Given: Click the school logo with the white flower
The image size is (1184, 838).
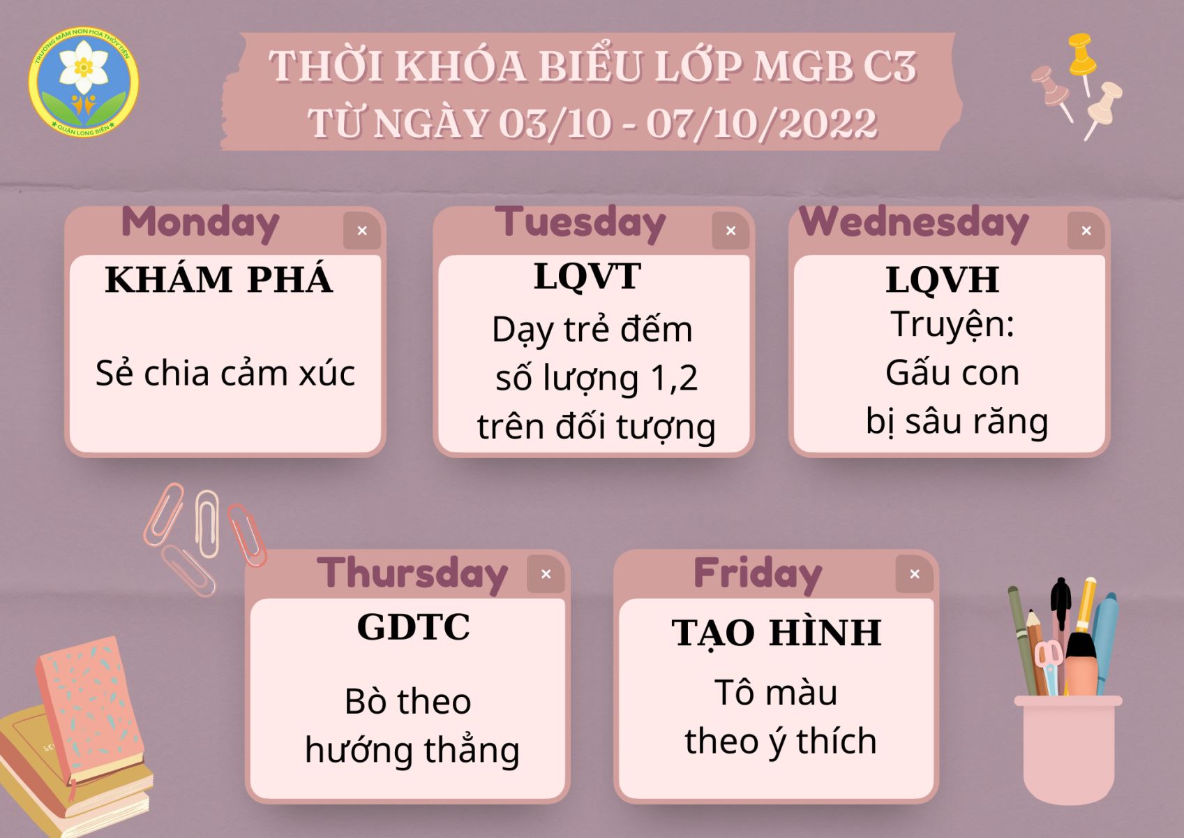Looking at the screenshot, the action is [x=84, y=82].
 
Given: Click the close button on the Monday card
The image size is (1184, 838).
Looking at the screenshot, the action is [x=362, y=230].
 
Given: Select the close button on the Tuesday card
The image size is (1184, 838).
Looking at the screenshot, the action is [x=731, y=230].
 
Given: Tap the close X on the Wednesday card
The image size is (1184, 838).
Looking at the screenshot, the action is [x=1086, y=230].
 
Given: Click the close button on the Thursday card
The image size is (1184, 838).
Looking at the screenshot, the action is [x=546, y=574].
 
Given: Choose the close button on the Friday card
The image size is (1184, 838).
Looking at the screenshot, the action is [x=915, y=574].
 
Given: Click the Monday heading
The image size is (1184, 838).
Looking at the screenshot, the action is [x=200, y=223].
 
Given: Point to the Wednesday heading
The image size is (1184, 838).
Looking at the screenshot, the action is [x=914, y=223].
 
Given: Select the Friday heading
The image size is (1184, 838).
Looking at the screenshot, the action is [x=758, y=574].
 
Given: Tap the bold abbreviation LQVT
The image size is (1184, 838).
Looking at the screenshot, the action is [x=587, y=276].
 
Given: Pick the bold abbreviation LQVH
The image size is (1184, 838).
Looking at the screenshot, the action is [x=943, y=279].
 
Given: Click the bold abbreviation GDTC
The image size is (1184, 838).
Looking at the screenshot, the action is [x=413, y=627].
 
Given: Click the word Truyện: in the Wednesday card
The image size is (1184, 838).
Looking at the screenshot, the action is [x=952, y=325].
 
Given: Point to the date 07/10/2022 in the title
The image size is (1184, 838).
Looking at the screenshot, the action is [x=762, y=124].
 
